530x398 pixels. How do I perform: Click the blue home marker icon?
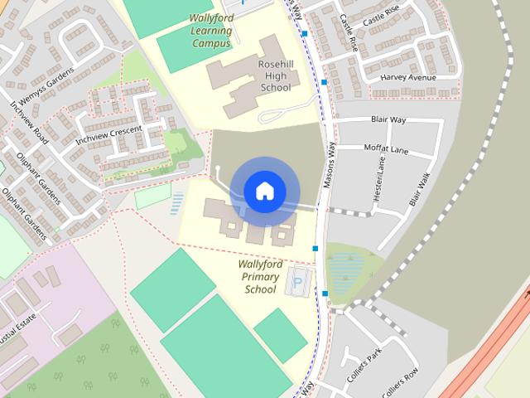coord(264,192)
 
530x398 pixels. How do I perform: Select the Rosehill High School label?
coord(276,75)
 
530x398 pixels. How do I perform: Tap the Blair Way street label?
coord(388,120)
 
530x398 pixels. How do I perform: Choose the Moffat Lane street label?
coord(386,149)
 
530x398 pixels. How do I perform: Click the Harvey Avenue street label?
coord(407,78)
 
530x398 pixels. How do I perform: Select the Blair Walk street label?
coord(420,189)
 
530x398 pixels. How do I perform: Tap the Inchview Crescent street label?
coord(108,136)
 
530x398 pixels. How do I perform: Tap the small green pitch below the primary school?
coord(280,335)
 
